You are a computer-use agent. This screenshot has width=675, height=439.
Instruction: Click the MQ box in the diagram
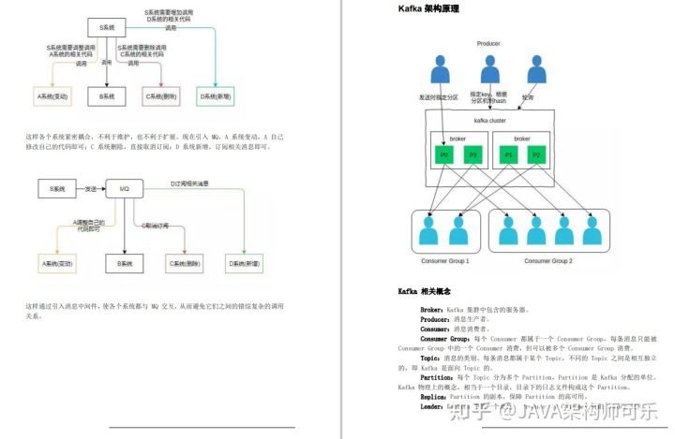pyautogui.click(x=124, y=189)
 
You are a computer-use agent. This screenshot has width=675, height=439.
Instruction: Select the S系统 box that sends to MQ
pyautogui.click(x=58, y=189)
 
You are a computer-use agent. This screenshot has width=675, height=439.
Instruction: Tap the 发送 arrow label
pyautogui.click(x=91, y=189)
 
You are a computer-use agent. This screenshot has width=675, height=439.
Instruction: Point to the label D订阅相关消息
pyautogui.click(x=192, y=183)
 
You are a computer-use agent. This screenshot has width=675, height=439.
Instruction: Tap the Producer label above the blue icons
pyautogui.click(x=488, y=44)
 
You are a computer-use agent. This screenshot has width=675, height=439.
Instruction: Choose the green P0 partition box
pyautogui.click(x=443, y=154)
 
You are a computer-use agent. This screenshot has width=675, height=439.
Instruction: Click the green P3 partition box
pyautogui.click(x=472, y=154)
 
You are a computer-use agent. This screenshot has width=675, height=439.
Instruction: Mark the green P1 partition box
pyautogui.click(x=508, y=154)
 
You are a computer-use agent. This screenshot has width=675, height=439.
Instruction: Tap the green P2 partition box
pyautogui.click(x=536, y=154)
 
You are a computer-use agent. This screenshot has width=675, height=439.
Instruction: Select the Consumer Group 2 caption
pyautogui.click(x=548, y=260)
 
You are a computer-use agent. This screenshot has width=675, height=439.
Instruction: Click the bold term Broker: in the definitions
pyautogui.click(x=432, y=309)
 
